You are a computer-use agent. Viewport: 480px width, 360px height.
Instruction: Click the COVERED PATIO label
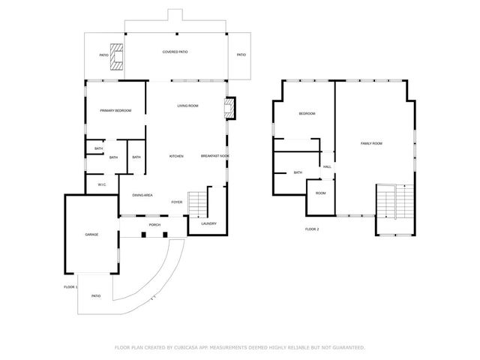175,52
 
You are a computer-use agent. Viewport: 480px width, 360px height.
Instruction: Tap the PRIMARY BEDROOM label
115,110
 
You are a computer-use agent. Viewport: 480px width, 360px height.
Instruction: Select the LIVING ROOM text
187,106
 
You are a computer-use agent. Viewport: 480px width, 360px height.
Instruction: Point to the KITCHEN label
176,156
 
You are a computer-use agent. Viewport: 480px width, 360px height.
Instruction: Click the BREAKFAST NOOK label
214,156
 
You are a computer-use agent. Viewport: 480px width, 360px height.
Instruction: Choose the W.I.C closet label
101,184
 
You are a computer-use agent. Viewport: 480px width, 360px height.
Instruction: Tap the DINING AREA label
142,195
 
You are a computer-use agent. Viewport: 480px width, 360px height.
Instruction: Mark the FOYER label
177,202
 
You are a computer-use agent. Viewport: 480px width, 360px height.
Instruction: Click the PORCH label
154,224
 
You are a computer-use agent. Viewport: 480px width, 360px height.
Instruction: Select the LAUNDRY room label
208,223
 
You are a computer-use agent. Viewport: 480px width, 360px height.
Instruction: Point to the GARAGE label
91,235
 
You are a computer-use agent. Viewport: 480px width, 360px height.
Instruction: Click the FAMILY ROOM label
371,143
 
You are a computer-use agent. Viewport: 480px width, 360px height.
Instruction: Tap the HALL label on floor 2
327,166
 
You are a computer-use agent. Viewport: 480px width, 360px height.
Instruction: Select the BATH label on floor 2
298,172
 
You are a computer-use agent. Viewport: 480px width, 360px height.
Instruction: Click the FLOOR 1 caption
70,286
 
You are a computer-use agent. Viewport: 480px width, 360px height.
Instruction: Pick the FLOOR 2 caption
312,228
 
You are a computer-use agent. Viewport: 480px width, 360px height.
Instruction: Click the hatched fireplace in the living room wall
230,107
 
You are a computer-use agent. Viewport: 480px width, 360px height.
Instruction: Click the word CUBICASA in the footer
187,347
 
